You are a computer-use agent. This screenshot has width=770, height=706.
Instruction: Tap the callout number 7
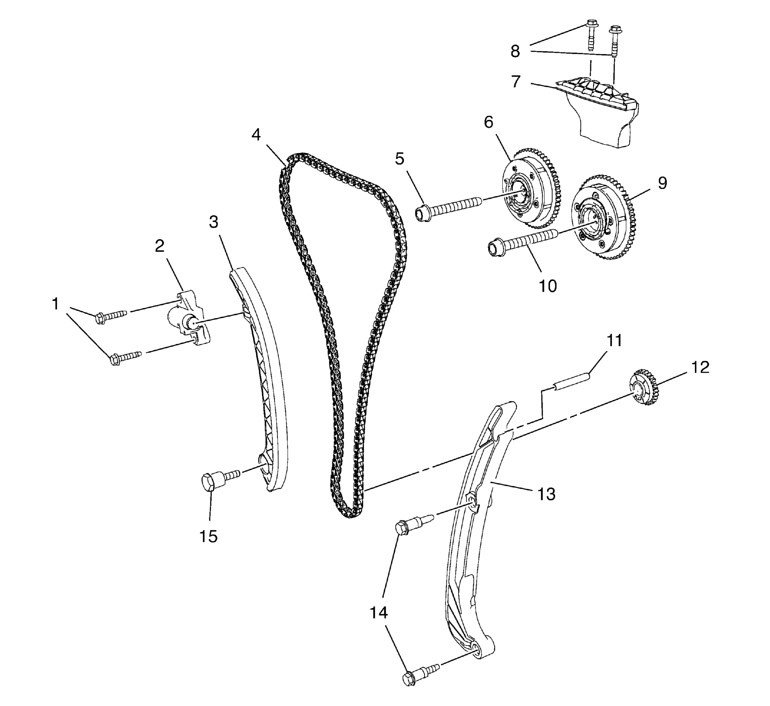coord(516,81)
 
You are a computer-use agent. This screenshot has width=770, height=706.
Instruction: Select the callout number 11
coord(615,341)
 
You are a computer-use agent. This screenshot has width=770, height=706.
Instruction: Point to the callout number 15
coord(209,536)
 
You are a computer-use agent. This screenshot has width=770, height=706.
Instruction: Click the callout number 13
coord(546,494)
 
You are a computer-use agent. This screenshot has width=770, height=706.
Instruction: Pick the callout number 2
coord(160,246)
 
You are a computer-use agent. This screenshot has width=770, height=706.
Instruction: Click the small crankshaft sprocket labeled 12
coord(644,391)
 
